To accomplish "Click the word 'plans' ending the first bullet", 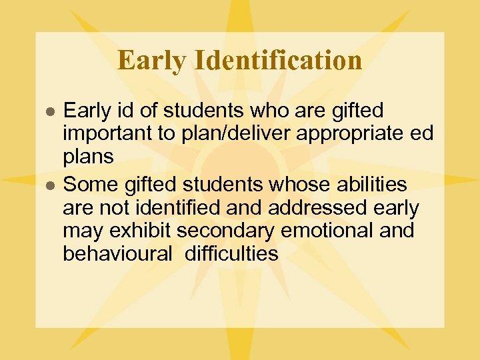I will click(88, 156).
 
